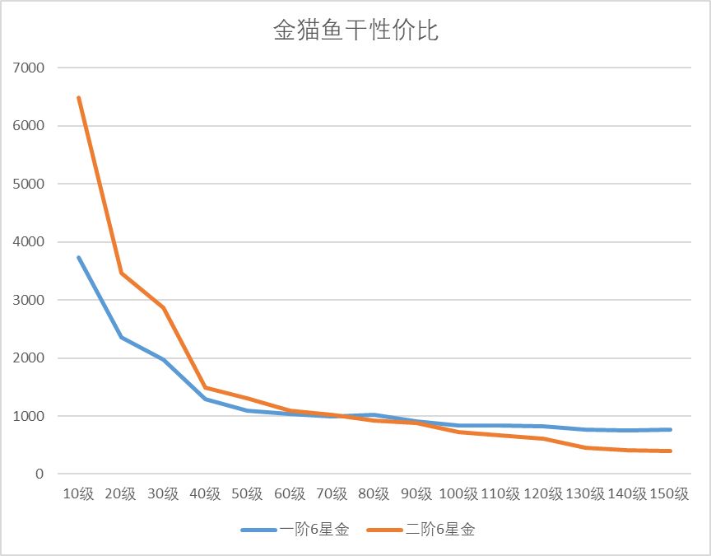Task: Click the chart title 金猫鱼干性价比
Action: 355,30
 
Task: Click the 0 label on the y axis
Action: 39,474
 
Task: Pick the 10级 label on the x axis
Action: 79,494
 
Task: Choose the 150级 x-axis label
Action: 669,494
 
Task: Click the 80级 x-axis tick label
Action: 374,494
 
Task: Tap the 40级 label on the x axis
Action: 205,494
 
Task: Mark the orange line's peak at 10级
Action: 79,98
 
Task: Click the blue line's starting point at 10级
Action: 79,258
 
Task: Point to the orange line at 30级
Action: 163,308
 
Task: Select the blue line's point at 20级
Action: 121,337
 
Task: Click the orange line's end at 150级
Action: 670,451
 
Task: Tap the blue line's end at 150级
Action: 670,429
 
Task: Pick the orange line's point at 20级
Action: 121,273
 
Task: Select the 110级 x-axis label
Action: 500,494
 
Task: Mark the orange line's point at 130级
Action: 585,447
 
